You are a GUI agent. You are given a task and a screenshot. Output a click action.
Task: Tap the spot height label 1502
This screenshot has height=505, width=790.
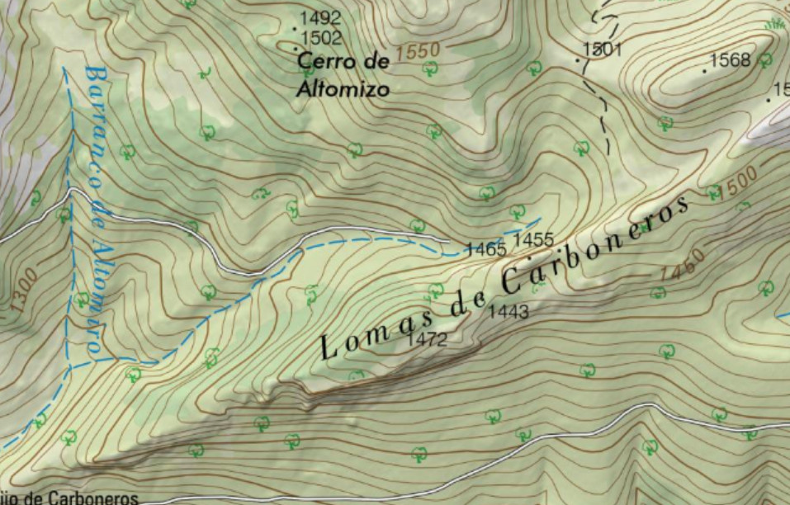click(321, 38)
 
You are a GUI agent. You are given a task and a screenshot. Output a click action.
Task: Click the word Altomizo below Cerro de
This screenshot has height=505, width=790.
click(342, 89)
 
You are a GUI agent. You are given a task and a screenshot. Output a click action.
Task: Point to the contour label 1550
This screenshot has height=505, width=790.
click(417, 51)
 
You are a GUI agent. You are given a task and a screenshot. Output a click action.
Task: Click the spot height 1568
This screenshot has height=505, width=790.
click(730, 60)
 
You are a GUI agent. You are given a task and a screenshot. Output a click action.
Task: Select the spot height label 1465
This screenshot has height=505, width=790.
click(485, 248)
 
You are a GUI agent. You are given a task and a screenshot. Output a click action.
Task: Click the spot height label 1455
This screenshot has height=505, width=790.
click(532, 240)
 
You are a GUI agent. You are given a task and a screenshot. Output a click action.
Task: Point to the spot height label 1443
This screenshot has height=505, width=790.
click(509, 312)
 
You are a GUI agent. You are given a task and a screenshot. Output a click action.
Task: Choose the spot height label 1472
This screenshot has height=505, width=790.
click(427, 339)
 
